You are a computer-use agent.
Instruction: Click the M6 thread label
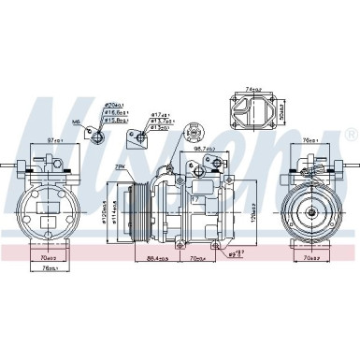click(75, 121)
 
